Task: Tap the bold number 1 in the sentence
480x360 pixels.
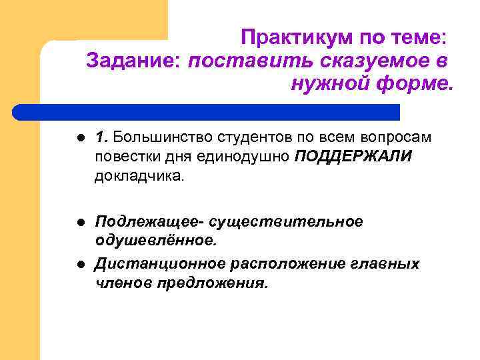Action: pos(100,137)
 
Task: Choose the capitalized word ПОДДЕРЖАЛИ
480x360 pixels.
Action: pos(354,157)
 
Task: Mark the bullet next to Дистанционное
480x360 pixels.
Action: pos(79,263)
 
